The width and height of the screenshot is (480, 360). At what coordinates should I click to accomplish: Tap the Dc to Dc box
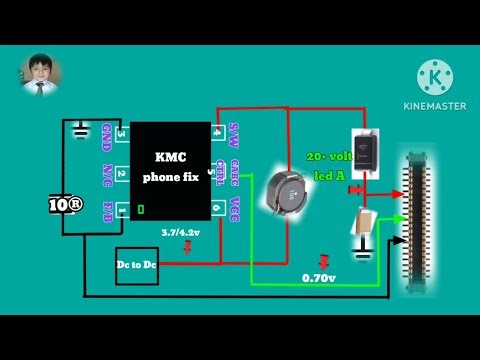137,267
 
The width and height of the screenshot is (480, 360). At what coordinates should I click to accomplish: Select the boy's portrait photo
41,75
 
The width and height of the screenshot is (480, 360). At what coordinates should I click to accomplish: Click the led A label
329,176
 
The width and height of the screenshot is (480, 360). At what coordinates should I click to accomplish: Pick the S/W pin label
234,134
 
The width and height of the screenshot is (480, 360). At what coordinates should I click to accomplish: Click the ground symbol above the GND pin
80,127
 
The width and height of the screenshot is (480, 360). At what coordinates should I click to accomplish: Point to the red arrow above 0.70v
321,261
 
